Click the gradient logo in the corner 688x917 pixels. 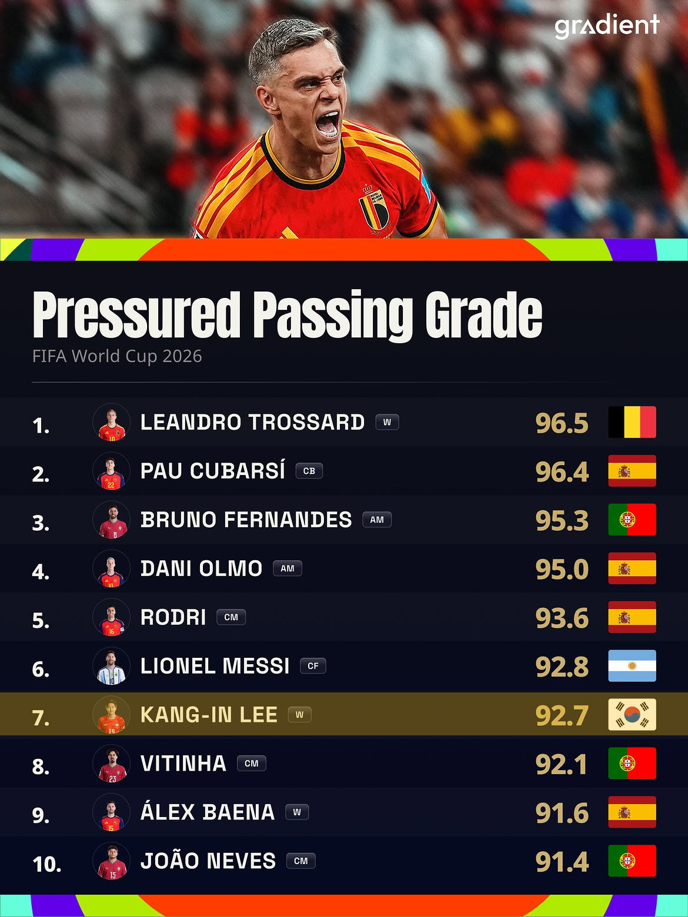click(x=607, y=26)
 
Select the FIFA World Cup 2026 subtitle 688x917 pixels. click(x=117, y=356)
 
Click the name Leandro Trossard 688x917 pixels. click(x=253, y=422)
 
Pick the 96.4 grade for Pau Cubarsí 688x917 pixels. click(x=562, y=471)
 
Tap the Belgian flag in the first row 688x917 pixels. click(x=632, y=422)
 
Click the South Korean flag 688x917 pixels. click(x=632, y=714)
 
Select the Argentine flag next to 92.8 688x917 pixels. click(x=632, y=666)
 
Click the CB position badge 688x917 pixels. click(x=309, y=471)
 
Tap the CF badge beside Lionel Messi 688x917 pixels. click(x=313, y=666)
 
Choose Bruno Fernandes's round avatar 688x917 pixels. click(x=112, y=520)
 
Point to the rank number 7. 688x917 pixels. click(x=41, y=718)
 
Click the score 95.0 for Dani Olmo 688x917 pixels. click(x=562, y=569)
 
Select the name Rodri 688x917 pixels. click(x=173, y=617)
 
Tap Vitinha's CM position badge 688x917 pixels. click(x=252, y=763)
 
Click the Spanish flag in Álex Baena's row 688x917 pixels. click(x=632, y=812)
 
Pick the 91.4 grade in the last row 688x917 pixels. click(x=562, y=861)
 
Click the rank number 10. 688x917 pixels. click(x=47, y=864)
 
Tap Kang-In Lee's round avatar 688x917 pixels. click(x=112, y=715)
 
